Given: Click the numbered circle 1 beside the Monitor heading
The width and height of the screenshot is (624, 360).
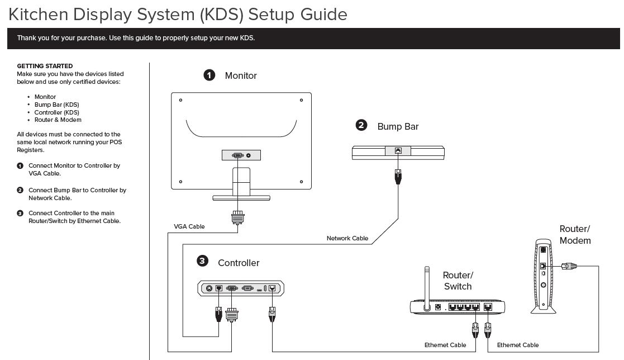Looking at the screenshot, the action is tap(209, 75).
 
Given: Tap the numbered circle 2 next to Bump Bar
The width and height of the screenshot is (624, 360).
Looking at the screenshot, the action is tap(361, 125).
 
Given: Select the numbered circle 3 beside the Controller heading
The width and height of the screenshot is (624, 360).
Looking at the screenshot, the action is tap(203, 261).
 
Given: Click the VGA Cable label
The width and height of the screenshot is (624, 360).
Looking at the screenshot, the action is tap(189, 226).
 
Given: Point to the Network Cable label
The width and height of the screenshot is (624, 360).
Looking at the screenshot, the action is tap(347, 238).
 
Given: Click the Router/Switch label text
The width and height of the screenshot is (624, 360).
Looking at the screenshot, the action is tap(458, 281).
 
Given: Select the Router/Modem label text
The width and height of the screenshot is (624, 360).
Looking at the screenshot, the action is tap(575, 235).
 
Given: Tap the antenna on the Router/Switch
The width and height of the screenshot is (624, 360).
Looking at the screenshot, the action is tap(427, 288).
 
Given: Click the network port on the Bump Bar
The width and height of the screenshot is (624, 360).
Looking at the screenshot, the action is tap(398, 150).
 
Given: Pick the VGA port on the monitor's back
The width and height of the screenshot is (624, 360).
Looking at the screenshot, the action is tap(237, 155).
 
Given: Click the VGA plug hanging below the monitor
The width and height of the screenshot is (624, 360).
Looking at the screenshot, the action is tap(237, 217).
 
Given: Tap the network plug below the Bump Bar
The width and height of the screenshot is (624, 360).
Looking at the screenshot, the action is tap(398, 177).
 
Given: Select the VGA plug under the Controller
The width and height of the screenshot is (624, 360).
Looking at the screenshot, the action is tap(232, 314).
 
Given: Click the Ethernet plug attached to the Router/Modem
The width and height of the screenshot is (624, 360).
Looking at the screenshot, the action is tap(569, 266).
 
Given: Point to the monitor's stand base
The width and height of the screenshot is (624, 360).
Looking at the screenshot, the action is tap(241, 198).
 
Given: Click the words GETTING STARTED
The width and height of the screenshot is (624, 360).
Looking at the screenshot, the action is tap(45, 66).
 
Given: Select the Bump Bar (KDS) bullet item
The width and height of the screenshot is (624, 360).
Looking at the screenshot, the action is tap(56, 105).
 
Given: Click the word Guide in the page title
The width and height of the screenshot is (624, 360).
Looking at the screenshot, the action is tap(323, 15).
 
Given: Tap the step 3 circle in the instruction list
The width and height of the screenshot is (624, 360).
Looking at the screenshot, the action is tap(20, 213).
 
